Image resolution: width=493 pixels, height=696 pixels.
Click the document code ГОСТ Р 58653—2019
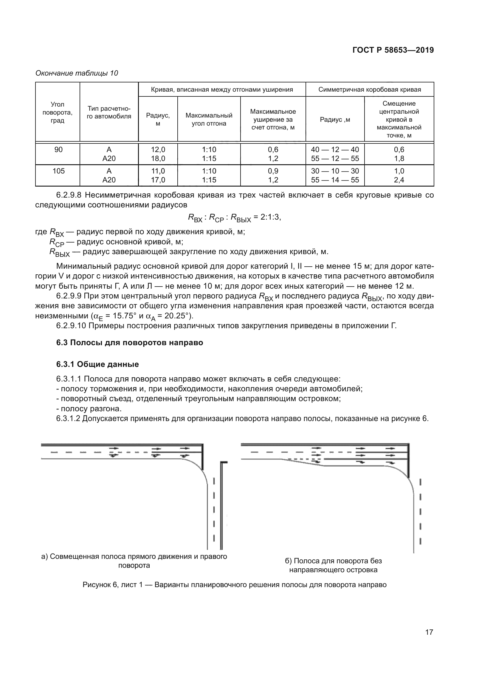[393, 50]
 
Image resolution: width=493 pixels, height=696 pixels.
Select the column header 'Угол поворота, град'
[57, 112]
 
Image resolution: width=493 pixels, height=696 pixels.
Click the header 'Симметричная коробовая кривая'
[369, 90]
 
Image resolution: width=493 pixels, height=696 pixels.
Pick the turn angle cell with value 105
[59, 171]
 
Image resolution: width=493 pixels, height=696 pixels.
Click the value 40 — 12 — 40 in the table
[335, 149]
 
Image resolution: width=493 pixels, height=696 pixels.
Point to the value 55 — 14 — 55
[335, 180]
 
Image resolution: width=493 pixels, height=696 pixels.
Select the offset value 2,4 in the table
[399, 180]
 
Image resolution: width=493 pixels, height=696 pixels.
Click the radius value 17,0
[158, 180]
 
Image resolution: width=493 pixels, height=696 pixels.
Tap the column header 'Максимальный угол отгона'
[209, 119]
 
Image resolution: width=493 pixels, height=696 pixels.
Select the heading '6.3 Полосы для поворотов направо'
[130, 342]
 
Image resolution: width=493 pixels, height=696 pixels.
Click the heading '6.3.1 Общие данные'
[97, 364]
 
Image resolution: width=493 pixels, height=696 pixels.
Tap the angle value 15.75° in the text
[124, 315]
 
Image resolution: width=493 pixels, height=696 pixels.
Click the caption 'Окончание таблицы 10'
[77, 73]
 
